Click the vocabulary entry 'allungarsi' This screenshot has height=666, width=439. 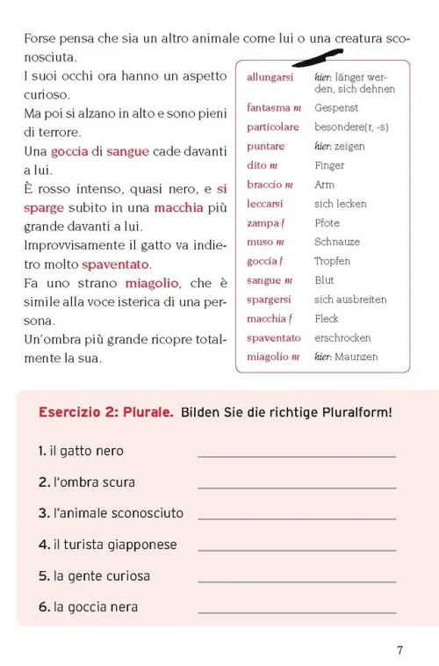click(x=270, y=77)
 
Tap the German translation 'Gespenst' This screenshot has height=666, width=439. click(x=336, y=107)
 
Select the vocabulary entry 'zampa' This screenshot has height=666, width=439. click(x=263, y=222)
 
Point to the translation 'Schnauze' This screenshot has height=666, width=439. click(x=338, y=242)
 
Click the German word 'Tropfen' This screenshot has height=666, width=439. click(x=332, y=261)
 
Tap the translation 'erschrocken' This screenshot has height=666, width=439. click(x=342, y=337)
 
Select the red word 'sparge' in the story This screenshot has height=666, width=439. click(x=44, y=207)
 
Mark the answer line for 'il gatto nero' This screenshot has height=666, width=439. click(x=297, y=454)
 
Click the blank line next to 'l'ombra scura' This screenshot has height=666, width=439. click(x=297, y=486)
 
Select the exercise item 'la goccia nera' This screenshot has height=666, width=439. click(x=88, y=607)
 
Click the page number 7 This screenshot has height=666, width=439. click(x=399, y=651)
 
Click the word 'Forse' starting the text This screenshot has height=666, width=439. click(x=40, y=40)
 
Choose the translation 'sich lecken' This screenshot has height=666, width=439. click(x=341, y=203)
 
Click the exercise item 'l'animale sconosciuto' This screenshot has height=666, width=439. click(x=111, y=513)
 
